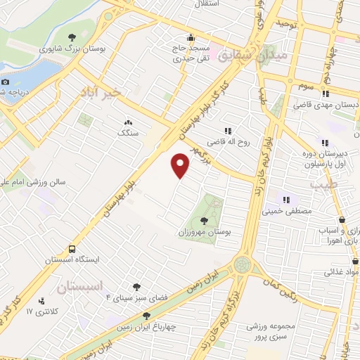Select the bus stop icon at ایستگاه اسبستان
72,249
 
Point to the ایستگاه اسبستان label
72,259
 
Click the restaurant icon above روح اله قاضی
227,131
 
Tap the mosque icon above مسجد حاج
190,38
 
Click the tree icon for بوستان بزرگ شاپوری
72,37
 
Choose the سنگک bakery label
128,132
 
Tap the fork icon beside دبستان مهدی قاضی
326,94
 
